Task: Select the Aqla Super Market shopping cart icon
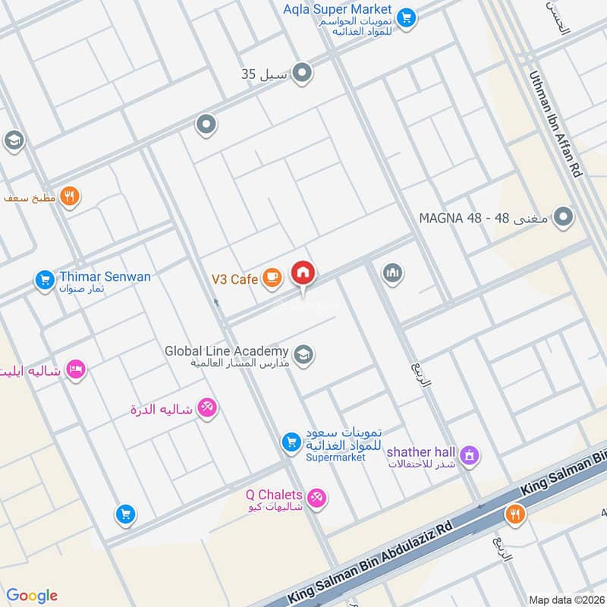[407, 16]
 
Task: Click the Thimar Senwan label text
[105, 276]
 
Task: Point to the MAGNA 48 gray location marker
[562, 218]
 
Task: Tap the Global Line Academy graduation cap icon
[303, 355]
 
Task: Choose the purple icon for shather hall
[470, 455]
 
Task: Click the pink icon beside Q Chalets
[319, 497]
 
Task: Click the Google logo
[33, 595]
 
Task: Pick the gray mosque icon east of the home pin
[392, 272]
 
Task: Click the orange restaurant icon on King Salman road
[514, 514]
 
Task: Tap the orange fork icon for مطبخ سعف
[70, 197]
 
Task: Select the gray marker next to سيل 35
[302, 74]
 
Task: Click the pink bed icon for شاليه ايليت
[76, 370]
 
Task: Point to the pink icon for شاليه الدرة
[206, 408]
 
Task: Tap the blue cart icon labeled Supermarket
[291, 441]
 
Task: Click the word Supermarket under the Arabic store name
[335, 458]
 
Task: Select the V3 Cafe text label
[235, 279]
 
